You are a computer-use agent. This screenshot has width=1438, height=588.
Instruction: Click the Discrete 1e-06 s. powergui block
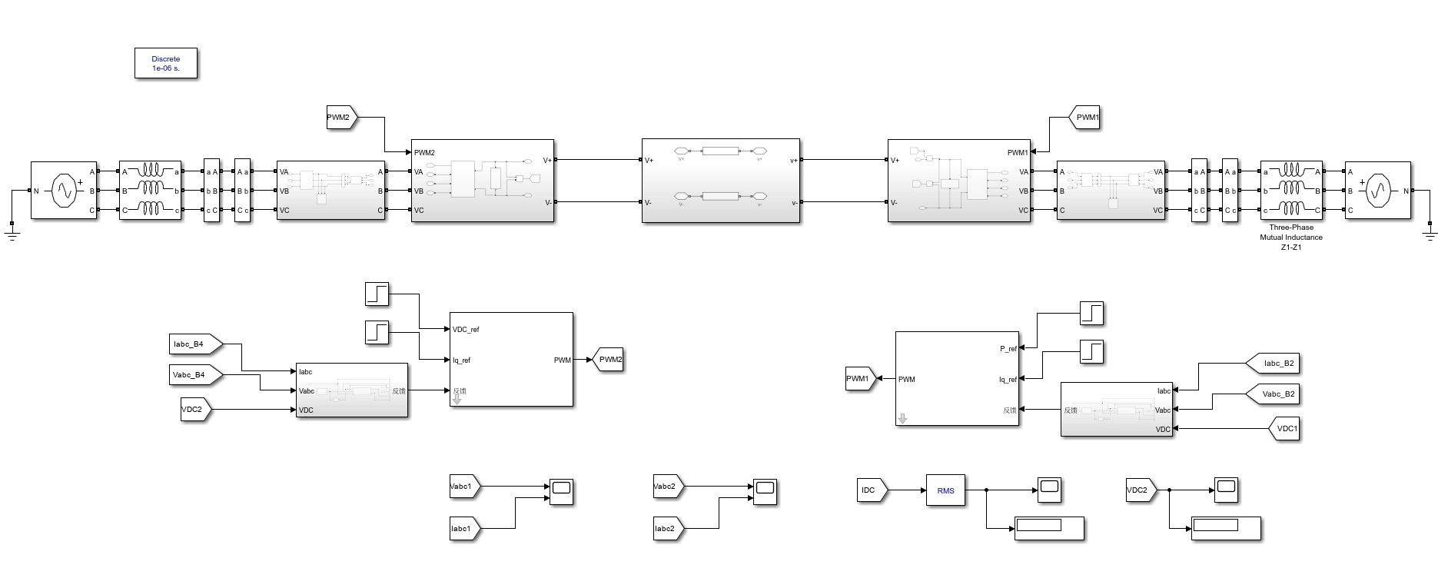[166, 64]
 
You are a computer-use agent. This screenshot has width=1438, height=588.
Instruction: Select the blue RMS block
[945, 490]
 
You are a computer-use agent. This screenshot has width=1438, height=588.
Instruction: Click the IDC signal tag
[870, 490]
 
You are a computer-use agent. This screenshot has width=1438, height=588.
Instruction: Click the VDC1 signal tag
[1285, 429]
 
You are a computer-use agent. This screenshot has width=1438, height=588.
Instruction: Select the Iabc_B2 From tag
[1277, 364]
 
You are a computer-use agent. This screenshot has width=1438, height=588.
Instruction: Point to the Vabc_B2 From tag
[1277, 394]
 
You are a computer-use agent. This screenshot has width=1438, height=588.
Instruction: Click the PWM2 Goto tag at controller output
[609, 360]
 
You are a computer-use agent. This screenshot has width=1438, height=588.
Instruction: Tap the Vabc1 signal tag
[463, 486]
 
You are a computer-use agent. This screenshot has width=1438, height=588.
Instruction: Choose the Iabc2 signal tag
[667, 528]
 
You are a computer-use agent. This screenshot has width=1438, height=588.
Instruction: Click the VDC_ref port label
[466, 330]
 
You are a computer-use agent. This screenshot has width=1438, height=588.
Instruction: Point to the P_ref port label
[1008, 349]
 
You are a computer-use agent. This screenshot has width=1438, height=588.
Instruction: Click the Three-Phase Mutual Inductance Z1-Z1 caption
[1291, 238]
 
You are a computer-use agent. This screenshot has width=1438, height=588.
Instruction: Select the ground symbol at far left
[12, 228]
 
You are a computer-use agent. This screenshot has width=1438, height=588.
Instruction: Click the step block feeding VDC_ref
[377, 294]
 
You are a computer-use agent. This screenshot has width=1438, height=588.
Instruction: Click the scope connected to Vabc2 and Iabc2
[765, 491]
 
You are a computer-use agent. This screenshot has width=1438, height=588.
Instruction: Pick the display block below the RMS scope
[1049, 528]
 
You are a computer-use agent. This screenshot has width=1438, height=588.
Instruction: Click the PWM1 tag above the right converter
[1085, 118]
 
